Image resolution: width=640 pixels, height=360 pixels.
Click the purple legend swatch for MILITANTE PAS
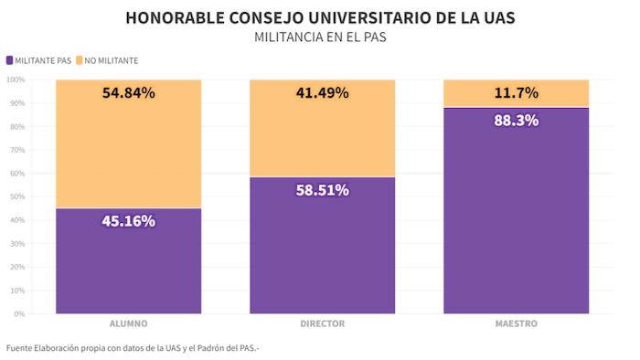[x=9, y=60]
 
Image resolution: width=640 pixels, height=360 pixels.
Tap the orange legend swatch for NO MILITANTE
[x=80, y=60]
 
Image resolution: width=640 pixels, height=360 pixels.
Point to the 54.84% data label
[x=128, y=92]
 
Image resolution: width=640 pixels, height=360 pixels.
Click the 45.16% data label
[x=128, y=220]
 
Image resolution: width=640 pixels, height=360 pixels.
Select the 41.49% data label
[x=322, y=92]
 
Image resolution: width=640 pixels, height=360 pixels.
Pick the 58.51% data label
[x=322, y=190]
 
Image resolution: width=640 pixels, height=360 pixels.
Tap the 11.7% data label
[x=516, y=92]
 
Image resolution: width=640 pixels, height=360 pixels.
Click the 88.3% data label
[x=516, y=121]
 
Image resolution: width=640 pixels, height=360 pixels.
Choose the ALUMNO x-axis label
[x=128, y=324]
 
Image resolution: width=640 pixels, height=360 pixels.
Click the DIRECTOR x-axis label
[x=322, y=324]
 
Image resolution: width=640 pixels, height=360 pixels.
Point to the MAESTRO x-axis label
[x=516, y=324]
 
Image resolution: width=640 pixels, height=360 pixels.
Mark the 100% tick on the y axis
[x=15, y=80]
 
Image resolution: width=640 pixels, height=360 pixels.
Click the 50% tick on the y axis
[x=16, y=197]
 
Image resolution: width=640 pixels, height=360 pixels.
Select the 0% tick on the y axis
[x=18, y=314]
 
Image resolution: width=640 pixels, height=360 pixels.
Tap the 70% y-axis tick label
[x=16, y=151]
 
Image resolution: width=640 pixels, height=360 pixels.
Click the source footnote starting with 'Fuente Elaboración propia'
[x=133, y=347]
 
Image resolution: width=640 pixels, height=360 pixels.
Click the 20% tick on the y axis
[x=16, y=268]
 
